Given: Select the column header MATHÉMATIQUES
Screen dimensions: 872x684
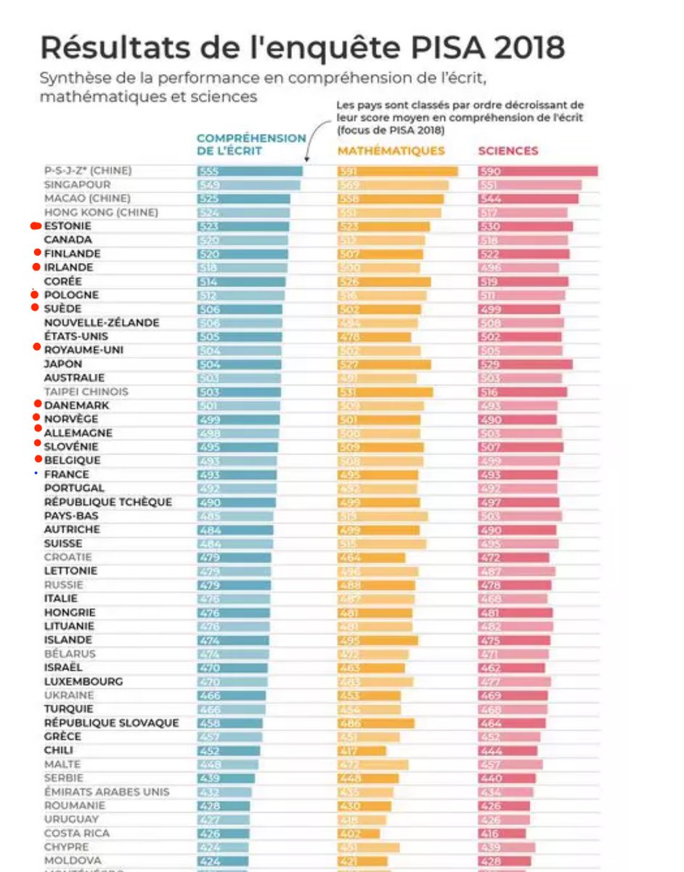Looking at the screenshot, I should pyautogui.click(x=391, y=151).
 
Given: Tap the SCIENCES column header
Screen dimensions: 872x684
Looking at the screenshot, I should pyautogui.click(x=508, y=151).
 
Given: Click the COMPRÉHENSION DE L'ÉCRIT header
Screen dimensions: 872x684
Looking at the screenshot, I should pyautogui.click(x=251, y=145).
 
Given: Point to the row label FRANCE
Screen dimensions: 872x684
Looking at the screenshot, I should pyautogui.click(x=67, y=475).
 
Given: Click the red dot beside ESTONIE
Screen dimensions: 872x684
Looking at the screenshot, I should pyautogui.click(x=36, y=227).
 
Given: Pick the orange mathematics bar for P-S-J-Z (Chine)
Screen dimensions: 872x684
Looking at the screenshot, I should pyautogui.click(x=398, y=171).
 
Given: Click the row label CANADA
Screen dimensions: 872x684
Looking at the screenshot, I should pyautogui.click(x=68, y=240).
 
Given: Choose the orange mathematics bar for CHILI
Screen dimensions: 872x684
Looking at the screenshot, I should pyautogui.click(x=362, y=751).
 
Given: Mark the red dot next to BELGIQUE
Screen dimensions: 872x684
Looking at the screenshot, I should pyautogui.click(x=36, y=459).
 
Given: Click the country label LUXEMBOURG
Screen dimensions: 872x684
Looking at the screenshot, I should pyautogui.click(x=84, y=682).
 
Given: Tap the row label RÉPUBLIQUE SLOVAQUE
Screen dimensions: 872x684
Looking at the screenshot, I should pyautogui.click(x=111, y=723).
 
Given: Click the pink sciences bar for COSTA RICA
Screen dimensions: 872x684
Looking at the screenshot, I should pyautogui.click(x=502, y=833).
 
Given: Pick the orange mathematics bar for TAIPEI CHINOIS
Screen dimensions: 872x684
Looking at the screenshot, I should pyautogui.click(x=386, y=392).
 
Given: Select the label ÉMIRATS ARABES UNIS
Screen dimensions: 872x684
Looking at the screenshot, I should pyautogui.click(x=107, y=792).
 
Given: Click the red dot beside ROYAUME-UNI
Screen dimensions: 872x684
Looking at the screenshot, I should pyautogui.click(x=36, y=348).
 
